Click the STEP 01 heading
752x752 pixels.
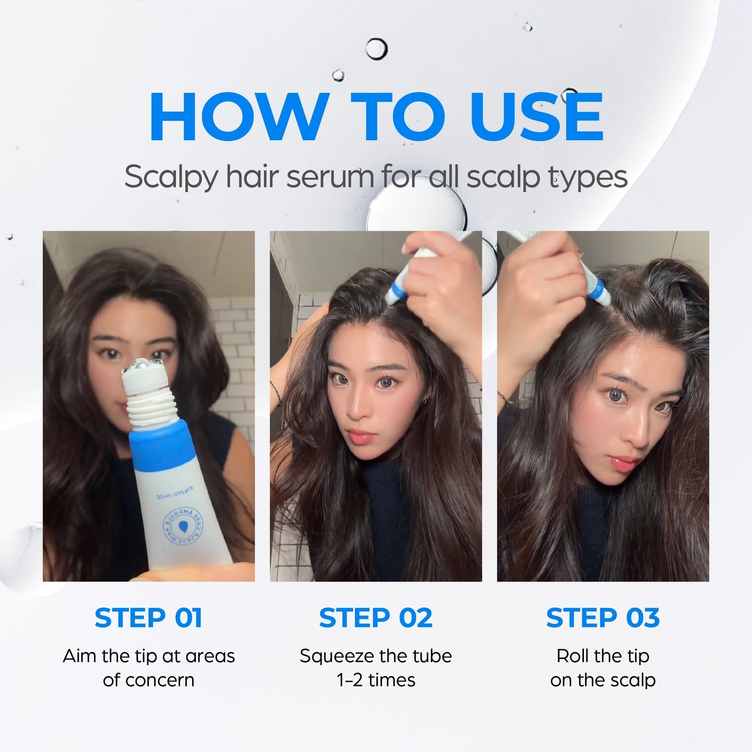click(x=148, y=618)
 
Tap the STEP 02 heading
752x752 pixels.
click(x=376, y=618)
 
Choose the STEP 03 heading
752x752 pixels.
click(x=603, y=618)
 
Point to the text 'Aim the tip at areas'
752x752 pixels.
click(x=149, y=656)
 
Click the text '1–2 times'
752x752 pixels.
click(x=376, y=680)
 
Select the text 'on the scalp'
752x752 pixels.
click(x=603, y=680)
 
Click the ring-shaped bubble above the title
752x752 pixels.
click(x=376, y=49)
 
